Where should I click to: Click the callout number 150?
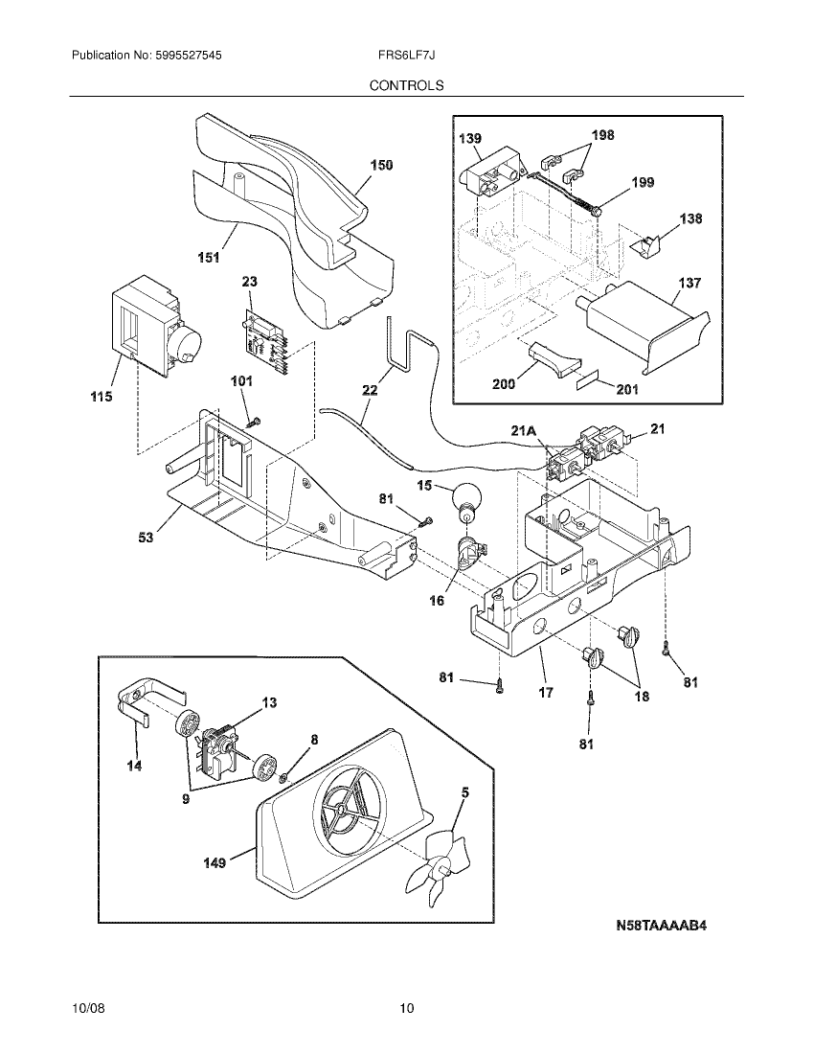coord(381,166)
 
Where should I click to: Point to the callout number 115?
coord(99,397)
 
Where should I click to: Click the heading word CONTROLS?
coord(407,85)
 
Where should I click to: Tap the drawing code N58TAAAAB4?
coord(667,927)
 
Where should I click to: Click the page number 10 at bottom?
coord(407,1008)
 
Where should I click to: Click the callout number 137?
coord(690,284)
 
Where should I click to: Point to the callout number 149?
coord(215,863)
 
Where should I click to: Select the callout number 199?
coord(643,182)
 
